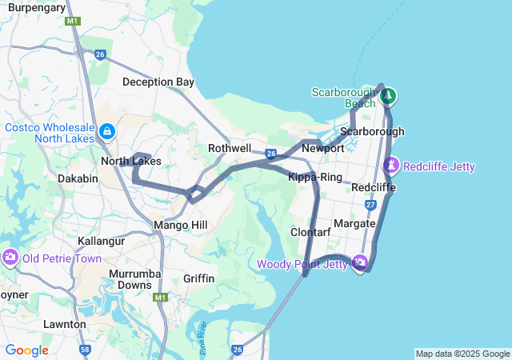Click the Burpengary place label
coord(36,7)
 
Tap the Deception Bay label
coord(158,82)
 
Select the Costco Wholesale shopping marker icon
coord(106,130)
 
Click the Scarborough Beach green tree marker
coord(388,97)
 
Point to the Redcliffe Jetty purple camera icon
coord(391,166)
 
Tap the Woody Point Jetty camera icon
coord(360,262)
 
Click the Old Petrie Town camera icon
coord(10,258)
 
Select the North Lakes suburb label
coord(130,162)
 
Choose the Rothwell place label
coord(230,149)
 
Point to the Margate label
coord(355,223)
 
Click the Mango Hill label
coord(180,225)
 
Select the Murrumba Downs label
coord(129,279)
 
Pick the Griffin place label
coord(198,278)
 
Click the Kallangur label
coord(102,240)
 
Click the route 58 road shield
coord(84,350)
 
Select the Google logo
coord(26,350)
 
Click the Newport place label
coord(323,148)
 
